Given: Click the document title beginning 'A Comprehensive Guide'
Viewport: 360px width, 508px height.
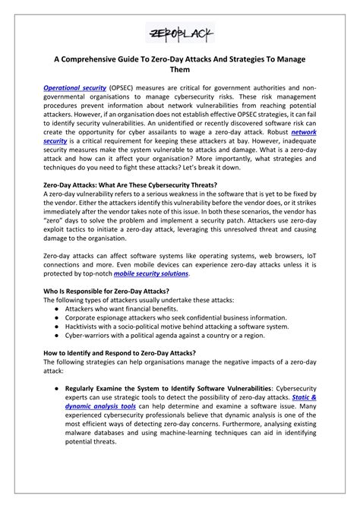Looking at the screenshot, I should point(180,72).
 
